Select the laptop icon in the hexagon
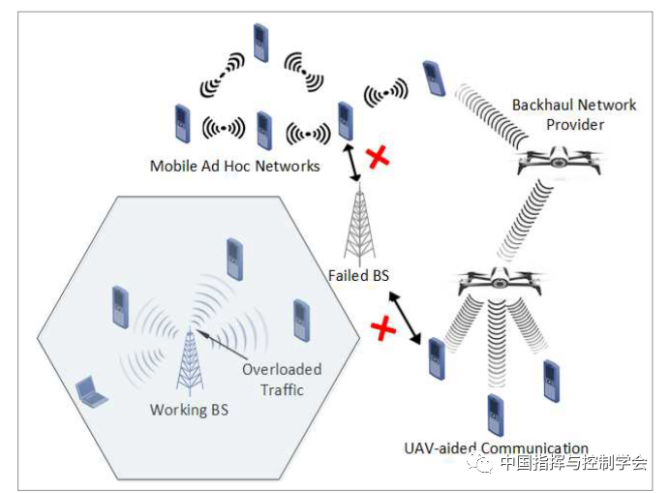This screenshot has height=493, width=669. point(92,389)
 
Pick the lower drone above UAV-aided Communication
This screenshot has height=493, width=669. point(499,282)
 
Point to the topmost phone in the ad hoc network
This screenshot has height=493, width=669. point(258,42)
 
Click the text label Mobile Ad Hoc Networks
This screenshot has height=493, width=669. point(234,167)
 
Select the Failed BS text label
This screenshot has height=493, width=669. point(358,276)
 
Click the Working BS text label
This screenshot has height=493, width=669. point(190,409)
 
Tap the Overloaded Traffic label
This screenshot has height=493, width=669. point(282,380)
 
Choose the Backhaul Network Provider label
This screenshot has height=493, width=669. point(574,114)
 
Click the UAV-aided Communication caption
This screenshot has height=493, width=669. point(496,447)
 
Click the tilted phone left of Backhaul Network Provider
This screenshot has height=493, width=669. point(434,78)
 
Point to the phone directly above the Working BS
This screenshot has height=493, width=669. point(233,258)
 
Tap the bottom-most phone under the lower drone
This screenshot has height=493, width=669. point(496,415)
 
